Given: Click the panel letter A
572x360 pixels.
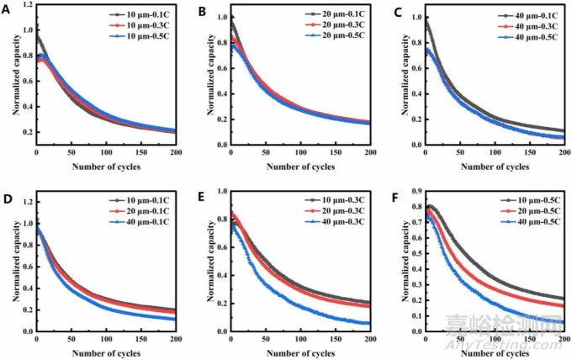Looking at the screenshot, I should coord(7,11).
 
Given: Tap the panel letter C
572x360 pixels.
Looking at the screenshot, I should coord(396,11).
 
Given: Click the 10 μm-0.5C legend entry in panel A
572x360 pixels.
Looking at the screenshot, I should coord(143,36).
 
